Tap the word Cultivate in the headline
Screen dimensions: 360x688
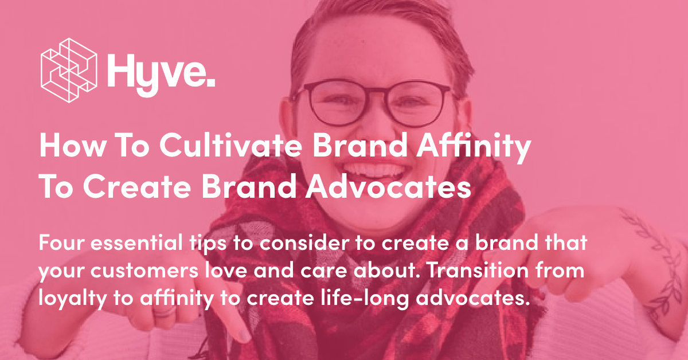(229, 147)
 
